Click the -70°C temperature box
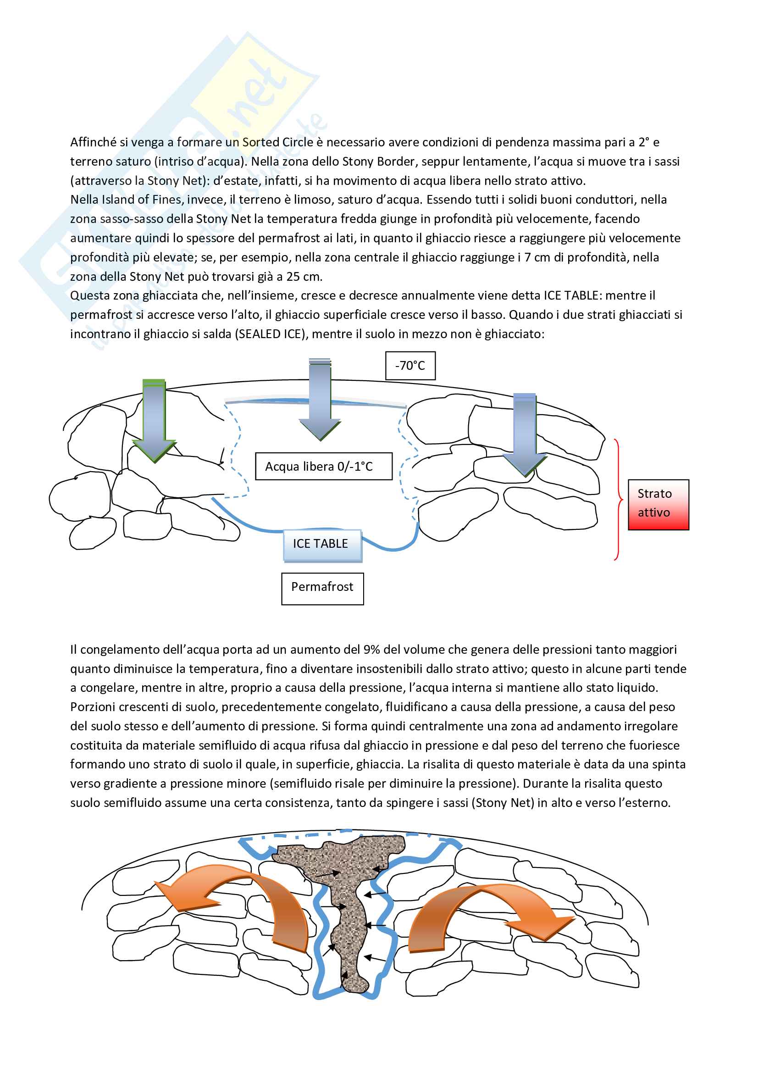[410, 366]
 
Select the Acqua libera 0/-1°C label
[323, 466]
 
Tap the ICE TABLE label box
[322, 545]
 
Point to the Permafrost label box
[322, 589]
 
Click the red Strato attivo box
[658, 504]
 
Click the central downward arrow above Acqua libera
[320, 400]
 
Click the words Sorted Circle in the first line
[277, 142]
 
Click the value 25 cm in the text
[304, 276]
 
